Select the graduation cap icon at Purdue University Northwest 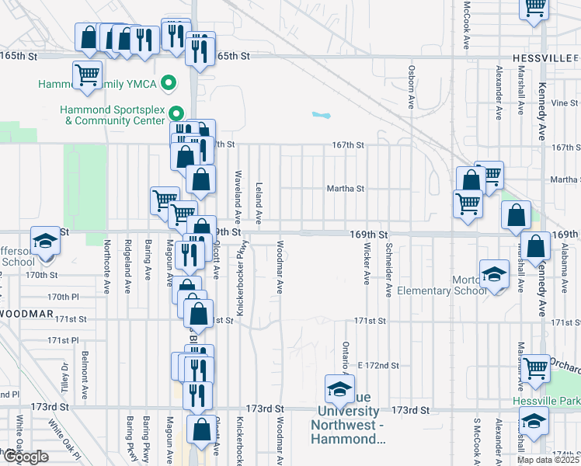[339, 388]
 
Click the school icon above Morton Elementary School [493, 273]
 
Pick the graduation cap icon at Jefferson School [45, 239]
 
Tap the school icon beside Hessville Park [534, 421]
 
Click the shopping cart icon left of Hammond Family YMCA [87, 75]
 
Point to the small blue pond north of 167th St [321, 116]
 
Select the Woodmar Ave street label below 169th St [279, 266]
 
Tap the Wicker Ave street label [366, 263]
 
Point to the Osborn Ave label [410, 86]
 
